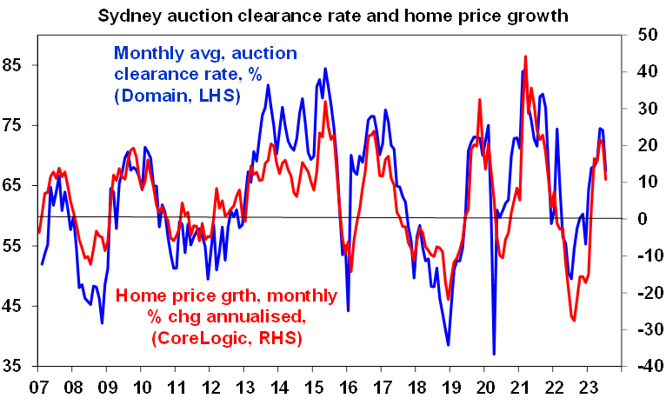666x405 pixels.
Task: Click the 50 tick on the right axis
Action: pyautogui.click(x=648, y=35)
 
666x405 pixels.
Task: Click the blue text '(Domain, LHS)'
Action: pyautogui.click(x=176, y=96)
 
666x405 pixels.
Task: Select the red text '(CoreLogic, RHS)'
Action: pyautogui.click(x=225, y=339)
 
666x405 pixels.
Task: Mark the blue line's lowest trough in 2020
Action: pyautogui.click(x=494, y=354)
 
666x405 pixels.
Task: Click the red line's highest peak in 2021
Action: pyautogui.click(x=526, y=56)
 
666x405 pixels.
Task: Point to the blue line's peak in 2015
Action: pyautogui.click(x=325, y=69)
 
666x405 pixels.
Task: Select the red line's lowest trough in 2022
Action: pyautogui.click(x=574, y=321)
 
